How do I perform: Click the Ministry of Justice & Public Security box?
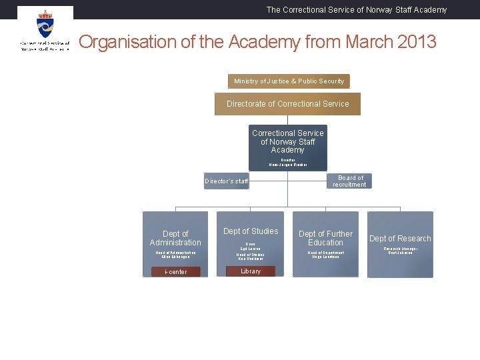(x=289, y=81)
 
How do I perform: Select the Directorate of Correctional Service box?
(x=287, y=104)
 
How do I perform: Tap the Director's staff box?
(x=227, y=181)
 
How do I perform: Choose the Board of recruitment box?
(x=350, y=181)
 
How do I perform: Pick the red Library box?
(x=251, y=271)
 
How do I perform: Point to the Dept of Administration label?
(x=175, y=238)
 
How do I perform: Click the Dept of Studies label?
(x=251, y=231)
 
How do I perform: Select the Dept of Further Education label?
(x=325, y=238)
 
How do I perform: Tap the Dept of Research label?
(x=400, y=239)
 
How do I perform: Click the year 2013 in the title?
(x=414, y=42)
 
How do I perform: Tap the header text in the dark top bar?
(x=357, y=10)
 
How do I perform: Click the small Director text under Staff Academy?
(x=288, y=160)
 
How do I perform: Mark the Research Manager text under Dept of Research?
(x=400, y=249)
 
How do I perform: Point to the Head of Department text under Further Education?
(x=325, y=253)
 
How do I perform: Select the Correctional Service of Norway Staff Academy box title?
(x=288, y=141)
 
